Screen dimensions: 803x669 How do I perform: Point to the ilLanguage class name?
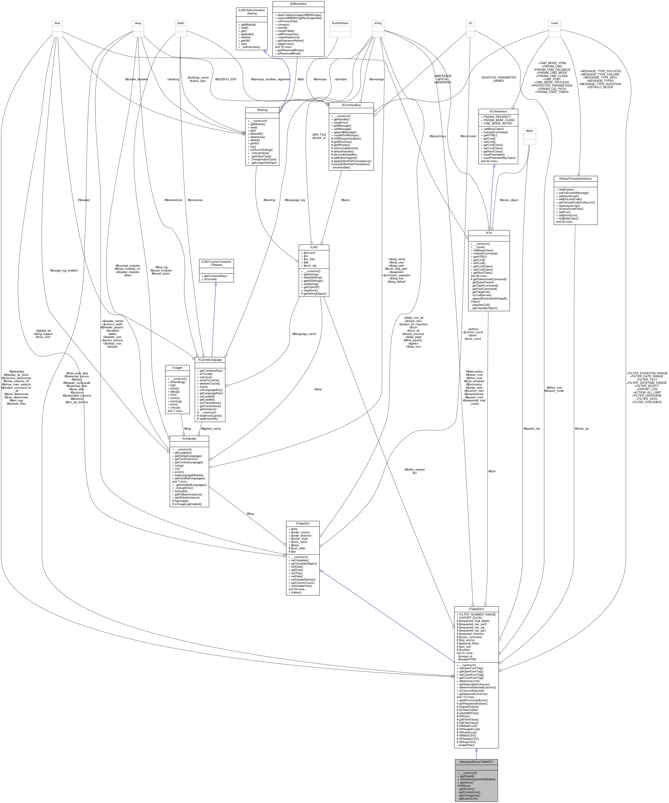pyautogui.click(x=189, y=439)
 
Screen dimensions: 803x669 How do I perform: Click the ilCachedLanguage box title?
pyautogui.click(x=210, y=360)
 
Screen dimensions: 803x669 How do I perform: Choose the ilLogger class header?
pyautogui.click(x=177, y=367)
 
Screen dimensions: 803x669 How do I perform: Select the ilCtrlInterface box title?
pyautogui.click(x=498, y=112)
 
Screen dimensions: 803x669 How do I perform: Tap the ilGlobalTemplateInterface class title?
pyautogui.click(x=575, y=178)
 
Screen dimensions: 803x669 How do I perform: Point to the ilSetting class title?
pyautogui.click(x=262, y=110)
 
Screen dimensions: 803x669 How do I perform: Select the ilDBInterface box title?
pyautogui.click(x=298, y=4)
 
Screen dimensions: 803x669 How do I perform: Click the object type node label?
pyautogui.click(x=529, y=131)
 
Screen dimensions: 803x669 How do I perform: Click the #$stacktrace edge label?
pyautogui.click(x=438, y=136)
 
